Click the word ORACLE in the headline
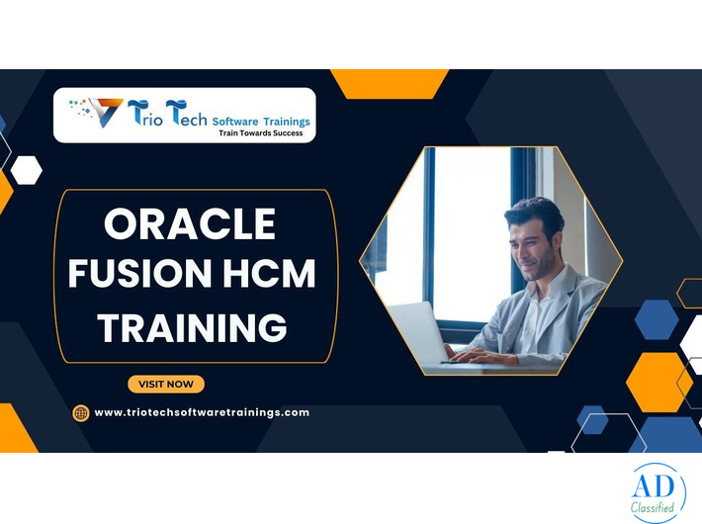pyautogui.click(x=190, y=225)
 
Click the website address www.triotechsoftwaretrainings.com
pyautogui.click(x=202, y=412)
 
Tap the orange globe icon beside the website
pyautogui.click(x=81, y=413)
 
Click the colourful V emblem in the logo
pyautogui.click(x=105, y=111)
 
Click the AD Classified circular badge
pyautogui.click(x=658, y=492)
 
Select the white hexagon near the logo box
pyautogui.click(x=26, y=170)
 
